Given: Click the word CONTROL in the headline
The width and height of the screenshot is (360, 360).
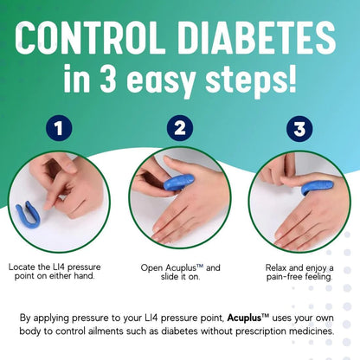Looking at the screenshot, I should tap(98, 39).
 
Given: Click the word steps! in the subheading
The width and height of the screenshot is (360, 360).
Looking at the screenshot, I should tap(249, 84).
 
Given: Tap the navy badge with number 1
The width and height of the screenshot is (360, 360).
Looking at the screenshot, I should tap(59, 131).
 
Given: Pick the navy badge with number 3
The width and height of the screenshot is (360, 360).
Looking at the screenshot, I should tap(299, 131).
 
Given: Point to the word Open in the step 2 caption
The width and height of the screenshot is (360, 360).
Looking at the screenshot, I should tap(153, 267).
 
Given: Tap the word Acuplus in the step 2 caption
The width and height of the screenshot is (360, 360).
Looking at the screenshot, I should tap(186, 267).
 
